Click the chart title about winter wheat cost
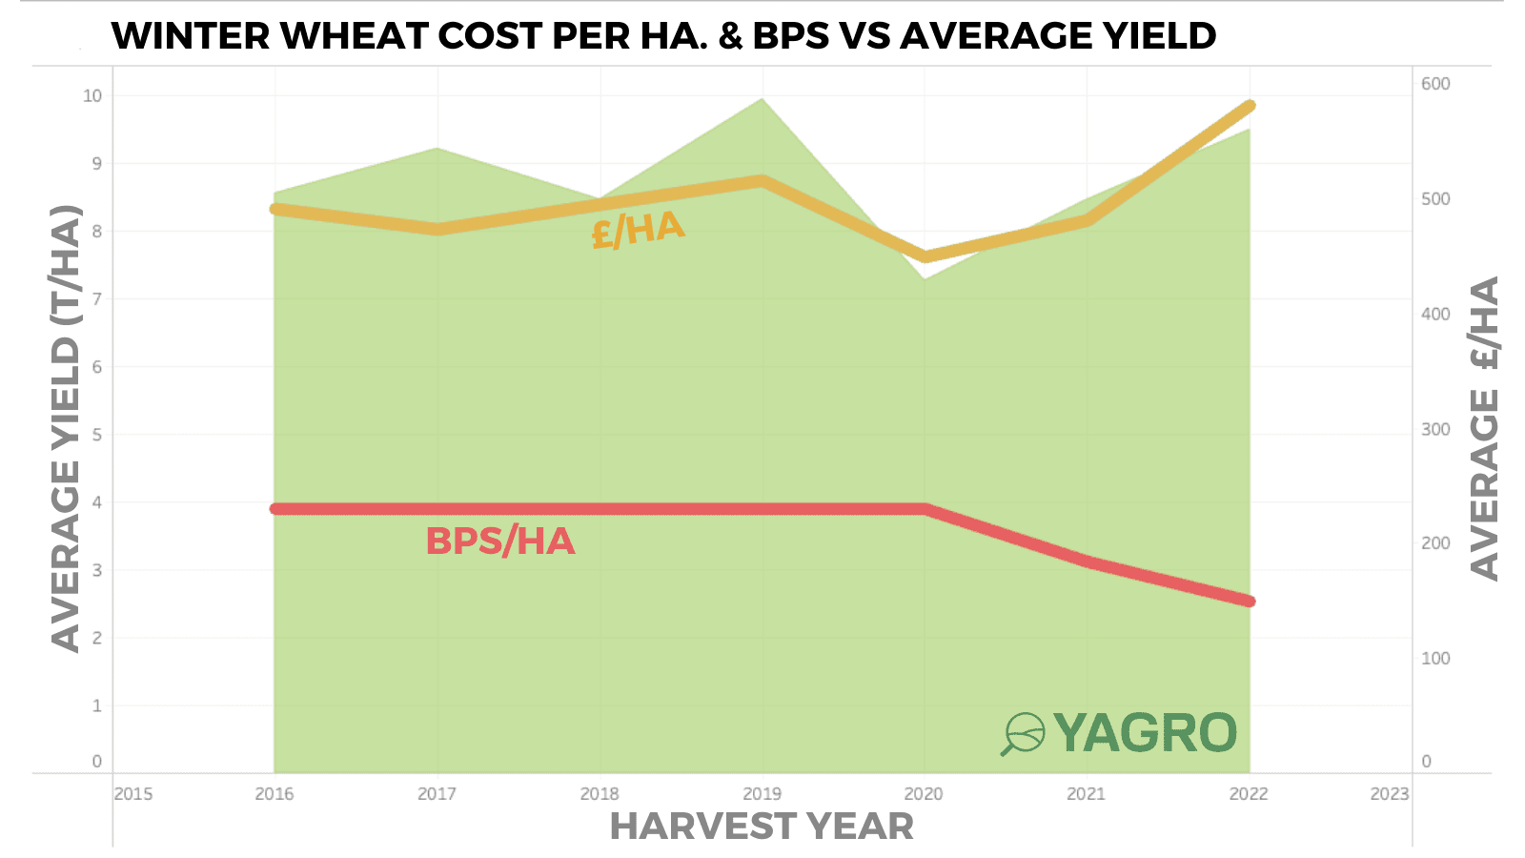[x=663, y=36]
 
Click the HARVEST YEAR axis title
[x=762, y=827]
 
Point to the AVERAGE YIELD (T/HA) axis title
[x=66, y=428]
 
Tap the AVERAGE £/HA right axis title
[x=1485, y=428]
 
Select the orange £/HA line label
[x=638, y=230]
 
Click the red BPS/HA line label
[x=500, y=541]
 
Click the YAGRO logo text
[x=1145, y=733]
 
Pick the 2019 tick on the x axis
[x=762, y=793]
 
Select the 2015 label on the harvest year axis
[x=132, y=793]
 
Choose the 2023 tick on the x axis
[x=1389, y=793]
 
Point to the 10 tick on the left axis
[x=92, y=95]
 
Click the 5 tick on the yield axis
[x=96, y=435]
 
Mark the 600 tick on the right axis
[x=1435, y=84]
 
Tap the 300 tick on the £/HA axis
[x=1435, y=429]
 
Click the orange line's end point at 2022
[x=1250, y=106]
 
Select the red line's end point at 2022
[x=1250, y=601]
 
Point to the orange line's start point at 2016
[x=274, y=209]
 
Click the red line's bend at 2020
[x=925, y=509]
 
